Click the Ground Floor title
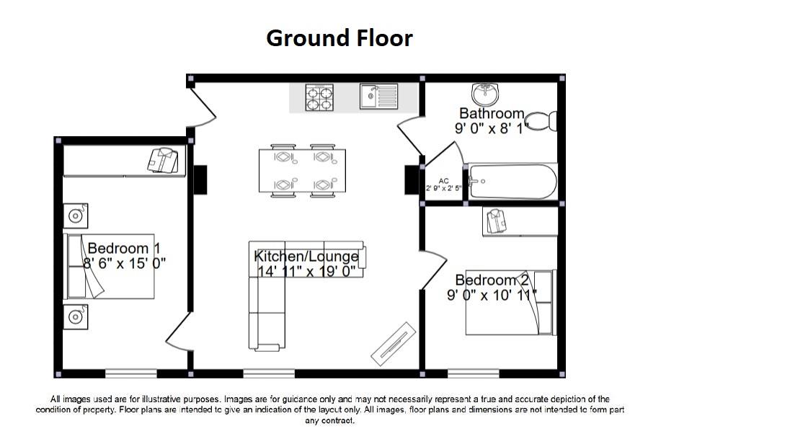tap(339, 38)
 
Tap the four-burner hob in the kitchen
tap(319, 97)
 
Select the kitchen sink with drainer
tap(379, 97)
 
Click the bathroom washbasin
tap(484, 94)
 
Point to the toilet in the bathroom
tap(541, 122)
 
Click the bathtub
tap(512, 182)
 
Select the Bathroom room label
tap(492, 113)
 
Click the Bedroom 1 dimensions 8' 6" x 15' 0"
tap(125, 263)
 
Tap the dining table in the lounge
tap(302, 170)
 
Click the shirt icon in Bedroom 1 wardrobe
tap(163, 161)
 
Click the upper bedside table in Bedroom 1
tap(76, 216)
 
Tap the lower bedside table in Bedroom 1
tap(76, 317)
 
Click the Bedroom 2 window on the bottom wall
tap(473, 374)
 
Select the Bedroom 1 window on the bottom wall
tap(131, 374)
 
